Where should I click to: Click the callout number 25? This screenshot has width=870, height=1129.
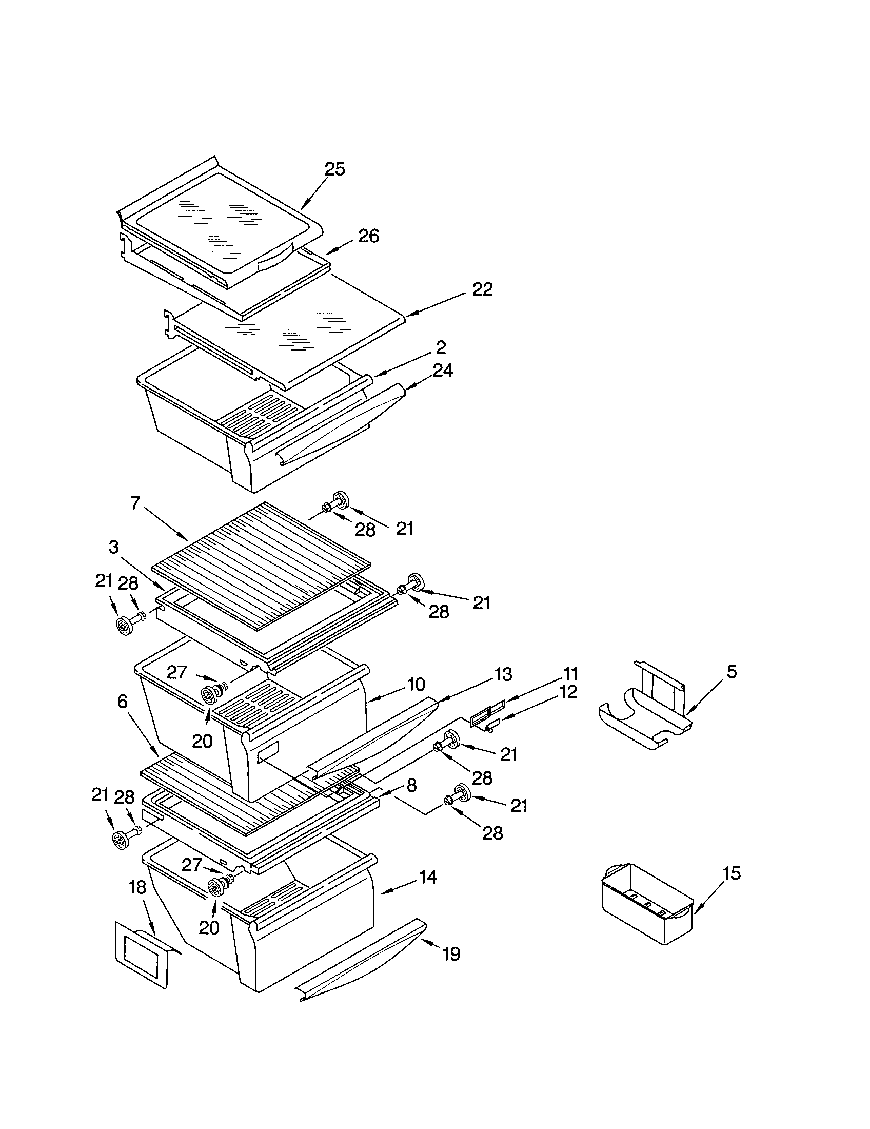tap(335, 169)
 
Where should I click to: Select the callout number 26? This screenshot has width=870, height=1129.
tap(368, 236)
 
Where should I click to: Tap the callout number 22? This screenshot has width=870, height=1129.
tap(482, 289)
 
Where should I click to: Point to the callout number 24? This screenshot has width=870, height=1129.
tap(442, 370)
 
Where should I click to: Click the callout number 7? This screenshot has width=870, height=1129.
tap(135, 503)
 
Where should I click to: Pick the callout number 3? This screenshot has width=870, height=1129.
tap(114, 547)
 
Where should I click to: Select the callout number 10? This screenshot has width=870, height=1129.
tap(416, 685)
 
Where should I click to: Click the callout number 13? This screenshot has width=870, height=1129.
tap(503, 674)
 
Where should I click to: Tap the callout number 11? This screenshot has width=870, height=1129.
tap(570, 674)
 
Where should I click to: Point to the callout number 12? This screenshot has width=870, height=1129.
tap(568, 692)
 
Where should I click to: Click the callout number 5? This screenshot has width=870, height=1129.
tap(731, 672)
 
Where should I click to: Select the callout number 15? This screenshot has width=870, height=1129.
tap(731, 873)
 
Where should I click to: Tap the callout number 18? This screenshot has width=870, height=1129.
tap(137, 887)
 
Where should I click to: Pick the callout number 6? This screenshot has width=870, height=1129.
tap(122, 701)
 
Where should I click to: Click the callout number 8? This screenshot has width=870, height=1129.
tap(411, 786)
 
